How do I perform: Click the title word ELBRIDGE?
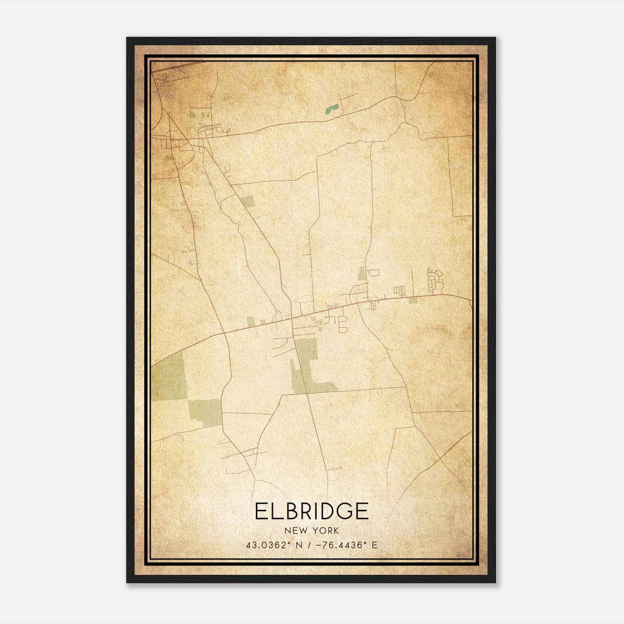pyautogui.click(x=312, y=511)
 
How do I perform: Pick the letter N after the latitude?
pyautogui.click(x=299, y=545)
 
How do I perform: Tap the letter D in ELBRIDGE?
pyautogui.click(x=324, y=511)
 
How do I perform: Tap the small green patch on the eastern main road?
pyautogui.click(x=413, y=300)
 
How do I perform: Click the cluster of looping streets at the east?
pyautogui.click(x=434, y=280)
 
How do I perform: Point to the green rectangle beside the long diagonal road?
pyautogui.click(x=248, y=201)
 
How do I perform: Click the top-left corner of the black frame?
pyautogui.click(x=127, y=38)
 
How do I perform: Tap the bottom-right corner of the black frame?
pyautogui.click(x=495, y=582)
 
